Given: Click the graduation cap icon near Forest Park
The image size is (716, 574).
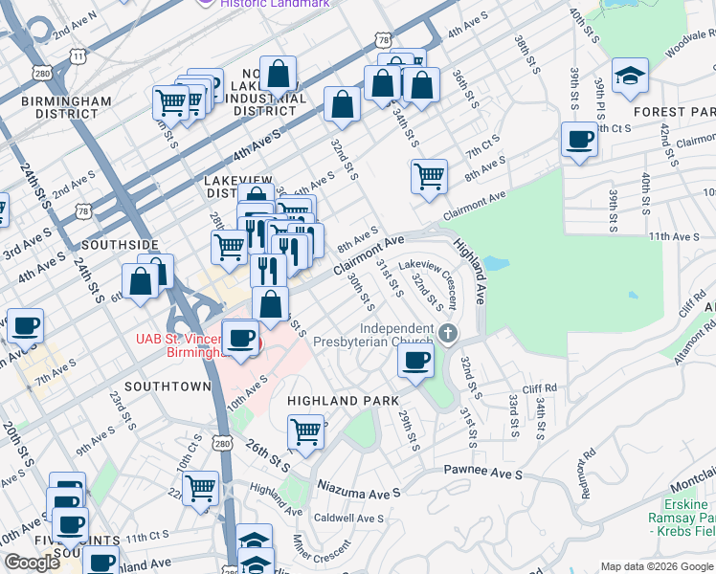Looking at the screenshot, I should click(631, 76).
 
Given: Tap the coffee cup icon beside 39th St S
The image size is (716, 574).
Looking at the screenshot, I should click(579, 140).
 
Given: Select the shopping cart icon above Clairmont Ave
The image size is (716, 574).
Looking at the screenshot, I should click(429, 176).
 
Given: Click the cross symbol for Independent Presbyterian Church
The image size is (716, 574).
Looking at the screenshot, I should click(448, 333).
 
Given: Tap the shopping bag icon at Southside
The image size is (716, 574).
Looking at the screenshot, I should click(141, 282).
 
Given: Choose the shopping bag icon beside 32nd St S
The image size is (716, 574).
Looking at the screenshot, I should click(342, 104).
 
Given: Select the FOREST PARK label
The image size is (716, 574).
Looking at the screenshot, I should click(674, 112).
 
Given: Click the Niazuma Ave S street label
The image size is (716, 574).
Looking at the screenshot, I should click(358, 492).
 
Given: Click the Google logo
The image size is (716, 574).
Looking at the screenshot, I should click(33, 563).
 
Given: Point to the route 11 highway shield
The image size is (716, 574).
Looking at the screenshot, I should click(76, 57).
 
